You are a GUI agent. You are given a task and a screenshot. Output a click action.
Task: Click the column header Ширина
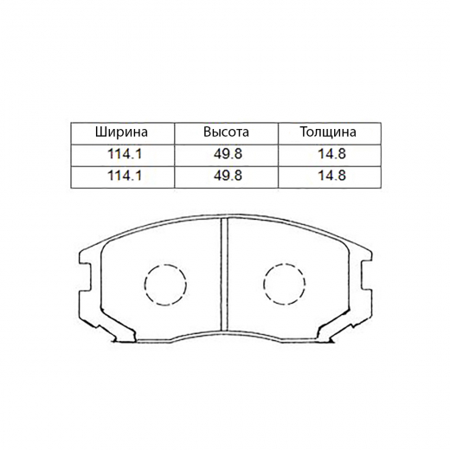tap(122, 132)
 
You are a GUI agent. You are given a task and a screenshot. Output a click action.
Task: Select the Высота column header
tap(226, 132)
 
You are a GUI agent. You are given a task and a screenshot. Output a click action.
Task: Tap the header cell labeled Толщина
tap(327, 132)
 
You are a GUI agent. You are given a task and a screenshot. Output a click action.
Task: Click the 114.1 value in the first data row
tap(122, 154)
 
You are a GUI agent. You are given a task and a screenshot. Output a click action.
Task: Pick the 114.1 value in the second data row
tap(122, 176)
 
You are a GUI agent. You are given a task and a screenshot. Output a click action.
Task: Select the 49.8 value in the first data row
tap(226, 154)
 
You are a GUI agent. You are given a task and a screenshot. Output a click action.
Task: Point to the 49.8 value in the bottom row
tap(226, 176)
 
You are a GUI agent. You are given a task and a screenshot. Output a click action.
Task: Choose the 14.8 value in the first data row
tap(327, 154)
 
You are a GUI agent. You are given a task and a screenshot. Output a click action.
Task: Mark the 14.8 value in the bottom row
tap(327, 176)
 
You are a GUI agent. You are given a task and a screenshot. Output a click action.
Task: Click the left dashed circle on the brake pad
tap(165, 283)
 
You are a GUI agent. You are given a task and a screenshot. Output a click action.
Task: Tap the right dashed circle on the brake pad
tap(285, 283)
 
